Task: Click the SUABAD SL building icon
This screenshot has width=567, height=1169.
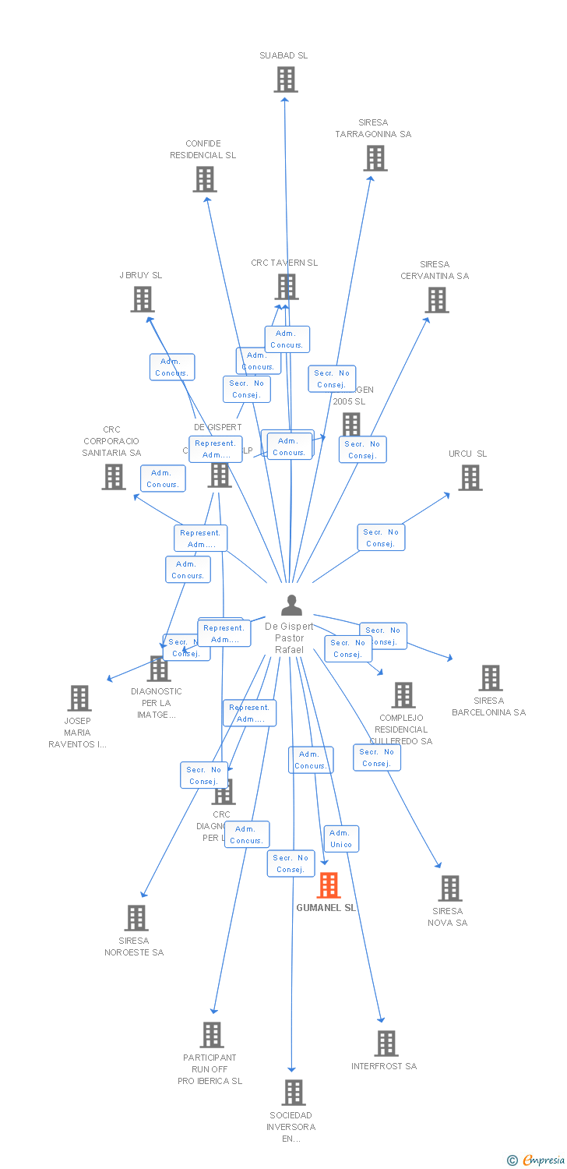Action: click(286, 79)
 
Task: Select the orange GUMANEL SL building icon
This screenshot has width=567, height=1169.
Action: click(329, 885)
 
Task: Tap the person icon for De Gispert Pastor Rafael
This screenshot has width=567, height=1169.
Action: click(291, 606)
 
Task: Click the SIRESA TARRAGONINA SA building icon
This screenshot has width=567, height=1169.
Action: click(375, 158)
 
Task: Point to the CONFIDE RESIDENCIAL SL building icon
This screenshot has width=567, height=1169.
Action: click(205, 179)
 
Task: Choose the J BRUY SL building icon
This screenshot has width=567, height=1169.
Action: click(143, 299)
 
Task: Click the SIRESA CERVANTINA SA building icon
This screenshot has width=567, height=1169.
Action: click(437, 300)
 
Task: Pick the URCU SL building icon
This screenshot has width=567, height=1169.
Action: click(470, 478)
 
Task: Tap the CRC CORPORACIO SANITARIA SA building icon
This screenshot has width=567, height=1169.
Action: click(114, 477)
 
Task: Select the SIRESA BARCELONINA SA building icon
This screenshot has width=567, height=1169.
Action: click(491, 678)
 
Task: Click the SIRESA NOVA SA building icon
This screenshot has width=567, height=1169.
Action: click(449, 888)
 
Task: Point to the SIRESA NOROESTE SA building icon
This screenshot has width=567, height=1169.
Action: click(136, 918)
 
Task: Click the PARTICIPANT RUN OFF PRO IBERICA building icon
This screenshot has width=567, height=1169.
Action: click(212, 1035)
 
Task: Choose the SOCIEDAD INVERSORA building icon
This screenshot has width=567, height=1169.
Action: click(294, 1093)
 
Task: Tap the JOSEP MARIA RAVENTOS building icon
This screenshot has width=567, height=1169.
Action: click(79, 698)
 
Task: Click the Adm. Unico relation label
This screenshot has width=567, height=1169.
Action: click(341, 839)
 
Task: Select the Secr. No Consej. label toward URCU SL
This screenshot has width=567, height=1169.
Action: click(381, 538)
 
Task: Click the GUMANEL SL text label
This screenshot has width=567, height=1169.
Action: click(326, 908)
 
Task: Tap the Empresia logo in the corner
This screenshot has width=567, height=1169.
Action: click(537, 1160)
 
